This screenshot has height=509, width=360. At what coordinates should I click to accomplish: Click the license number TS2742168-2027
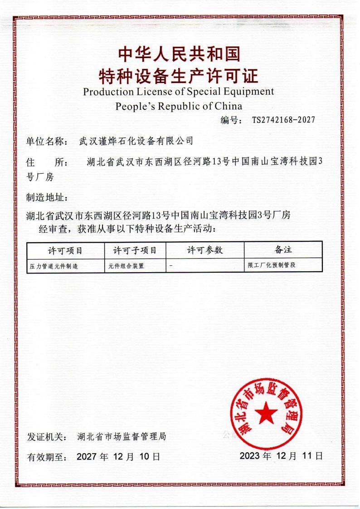[x=283, y=120]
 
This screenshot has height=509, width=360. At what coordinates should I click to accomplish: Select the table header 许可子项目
[x=135, y=250]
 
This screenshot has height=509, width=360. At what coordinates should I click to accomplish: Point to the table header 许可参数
[x=205, y=250]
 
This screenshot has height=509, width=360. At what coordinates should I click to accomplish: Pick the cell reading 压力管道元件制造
[x=54, y=266]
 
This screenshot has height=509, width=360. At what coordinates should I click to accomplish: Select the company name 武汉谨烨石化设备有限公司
[x=136, y=141]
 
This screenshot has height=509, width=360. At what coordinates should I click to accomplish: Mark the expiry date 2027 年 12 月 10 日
[x=118, y=456]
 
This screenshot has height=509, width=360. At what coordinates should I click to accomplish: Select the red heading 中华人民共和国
[x=179, y=54]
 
